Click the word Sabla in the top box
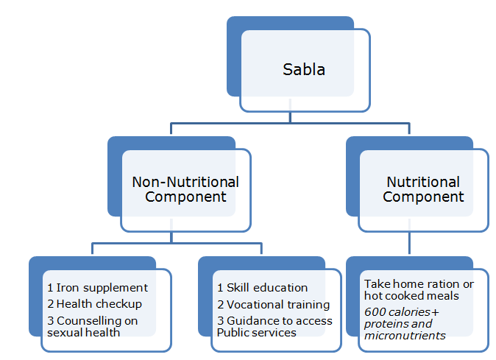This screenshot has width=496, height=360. tap(304, 70)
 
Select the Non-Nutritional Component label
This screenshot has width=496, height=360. tap(185, 189)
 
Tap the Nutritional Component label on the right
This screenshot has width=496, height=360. tap(423, 189)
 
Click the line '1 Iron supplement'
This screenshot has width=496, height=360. tap(97, 288)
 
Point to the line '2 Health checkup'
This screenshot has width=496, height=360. tap(94, 303)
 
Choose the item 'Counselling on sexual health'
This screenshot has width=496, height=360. tap(91, 326)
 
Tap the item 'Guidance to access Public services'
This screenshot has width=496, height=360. tap(274, 326)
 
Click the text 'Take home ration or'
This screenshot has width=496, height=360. tap(419, 283)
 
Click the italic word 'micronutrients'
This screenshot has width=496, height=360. tap(405, 335)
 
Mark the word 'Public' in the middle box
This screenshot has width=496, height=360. tap(234, 332)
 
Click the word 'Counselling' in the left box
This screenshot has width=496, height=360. tap(89, 320)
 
